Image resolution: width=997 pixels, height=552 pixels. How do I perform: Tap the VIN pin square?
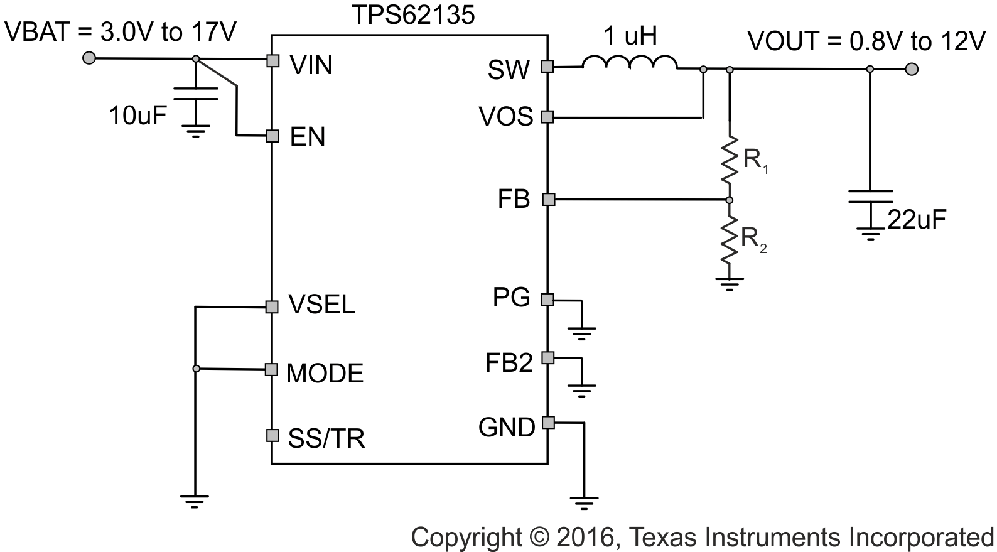tap(272, 60)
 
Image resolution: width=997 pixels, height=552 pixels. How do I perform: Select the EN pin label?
tap(308, 137)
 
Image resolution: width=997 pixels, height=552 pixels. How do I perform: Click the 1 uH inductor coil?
tap(629, 62)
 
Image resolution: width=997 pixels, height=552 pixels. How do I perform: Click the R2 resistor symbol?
tap(730, 239)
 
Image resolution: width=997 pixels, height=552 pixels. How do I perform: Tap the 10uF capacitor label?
tap(138, 116)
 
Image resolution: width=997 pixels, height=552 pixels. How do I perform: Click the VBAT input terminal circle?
tap(89, 58)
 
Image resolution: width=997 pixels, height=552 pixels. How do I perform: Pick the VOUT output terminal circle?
tap(912, 68)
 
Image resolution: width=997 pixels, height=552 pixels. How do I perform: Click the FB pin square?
tap(549, 200)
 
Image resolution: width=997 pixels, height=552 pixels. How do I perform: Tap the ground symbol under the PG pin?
tap(583, 332)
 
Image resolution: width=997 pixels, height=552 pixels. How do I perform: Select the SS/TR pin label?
tap(326, 438)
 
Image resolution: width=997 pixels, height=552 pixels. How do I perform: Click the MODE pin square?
tap(271, 369)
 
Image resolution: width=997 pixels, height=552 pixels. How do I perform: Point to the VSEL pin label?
tap(321, 305)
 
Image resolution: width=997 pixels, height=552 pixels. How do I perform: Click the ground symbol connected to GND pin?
tap(584, 502)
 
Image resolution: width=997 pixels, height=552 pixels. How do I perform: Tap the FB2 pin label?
tap(509, 363)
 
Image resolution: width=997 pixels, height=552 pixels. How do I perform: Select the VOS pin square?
tap(547, 117)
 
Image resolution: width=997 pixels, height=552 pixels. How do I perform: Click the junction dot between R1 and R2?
tap(730, 200)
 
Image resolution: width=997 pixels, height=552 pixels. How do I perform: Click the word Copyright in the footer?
tap(466, 538)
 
